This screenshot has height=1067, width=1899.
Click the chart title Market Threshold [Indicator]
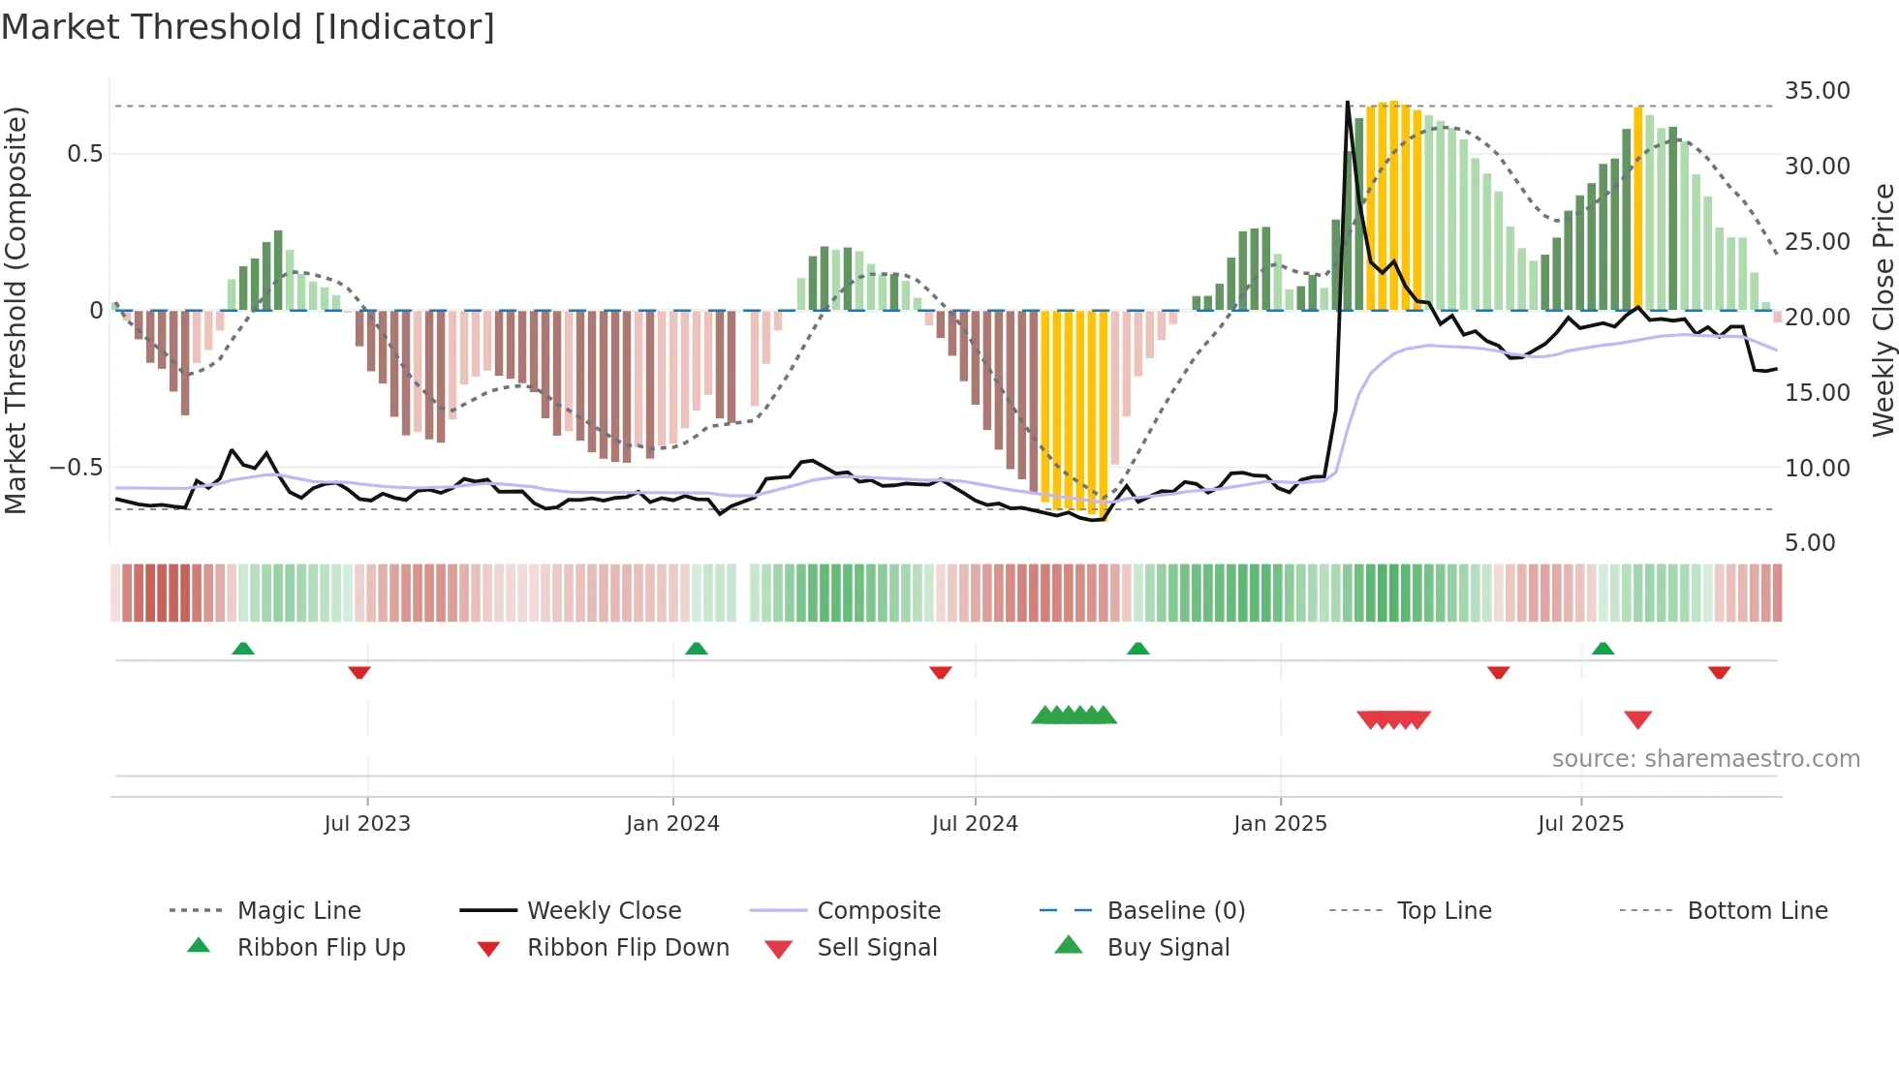tap(248, 27)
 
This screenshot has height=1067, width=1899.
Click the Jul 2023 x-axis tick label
tap(367, 823)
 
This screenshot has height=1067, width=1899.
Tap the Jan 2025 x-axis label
tap(1280, 823)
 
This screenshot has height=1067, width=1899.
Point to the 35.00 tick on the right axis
tap(1817, 91)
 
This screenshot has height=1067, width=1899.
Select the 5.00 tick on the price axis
tap(1810, 543)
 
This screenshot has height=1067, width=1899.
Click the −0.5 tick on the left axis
tap(77, 468)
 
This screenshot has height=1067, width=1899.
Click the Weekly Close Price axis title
tap(1883, 310)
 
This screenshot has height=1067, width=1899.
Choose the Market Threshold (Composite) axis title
tap(16, 310)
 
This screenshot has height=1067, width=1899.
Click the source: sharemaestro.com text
tap(1705, 759)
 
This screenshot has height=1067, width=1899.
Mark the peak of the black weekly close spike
tap(1348, 103)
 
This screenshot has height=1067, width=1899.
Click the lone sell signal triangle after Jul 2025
tap(1637, 719)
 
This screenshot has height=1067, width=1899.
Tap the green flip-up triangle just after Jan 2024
tap(696, 649)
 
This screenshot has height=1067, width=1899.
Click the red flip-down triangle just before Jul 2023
tap(359, 672)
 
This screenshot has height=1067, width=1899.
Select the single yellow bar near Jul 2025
tap(1638, 208)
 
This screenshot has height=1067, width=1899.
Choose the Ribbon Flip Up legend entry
tap(321, 948)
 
